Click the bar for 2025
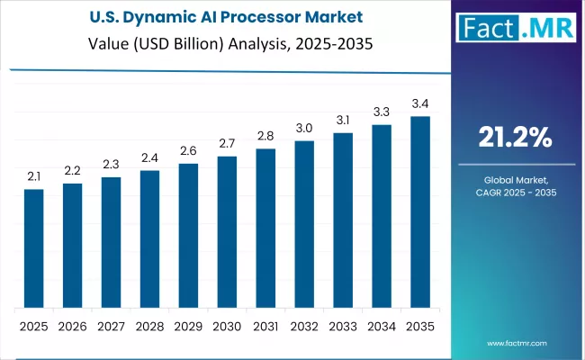point(33,247)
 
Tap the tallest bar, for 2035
point(420,211)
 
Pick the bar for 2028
point(149,238)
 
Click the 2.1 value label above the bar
point(33,176)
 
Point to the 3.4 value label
point(420,103)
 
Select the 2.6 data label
point(188,150)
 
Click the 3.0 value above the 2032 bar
point(304,128)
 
